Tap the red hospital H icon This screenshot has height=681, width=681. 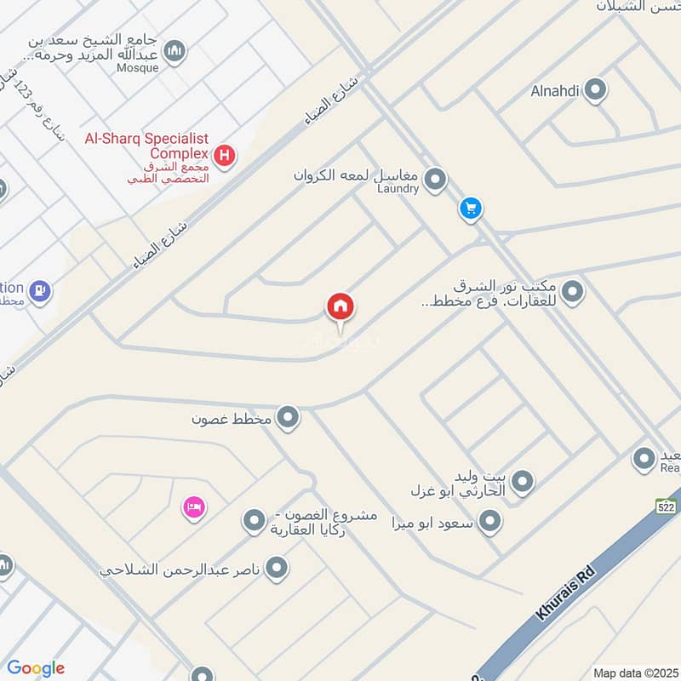[225, 156]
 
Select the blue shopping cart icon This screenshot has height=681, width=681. [471, 208]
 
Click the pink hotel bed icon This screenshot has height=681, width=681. [194, 508]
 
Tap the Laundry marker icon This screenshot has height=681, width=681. [436, 180]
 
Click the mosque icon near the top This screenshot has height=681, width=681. [175, 52]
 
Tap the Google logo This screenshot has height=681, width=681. [36, 668]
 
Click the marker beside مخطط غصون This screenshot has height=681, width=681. [289, 418]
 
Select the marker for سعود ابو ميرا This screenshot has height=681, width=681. [489, 521]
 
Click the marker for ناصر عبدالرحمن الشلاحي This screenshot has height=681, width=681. [276, 569]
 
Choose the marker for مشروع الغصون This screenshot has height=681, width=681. [254, 521]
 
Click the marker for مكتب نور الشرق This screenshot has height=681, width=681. [573, 291]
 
